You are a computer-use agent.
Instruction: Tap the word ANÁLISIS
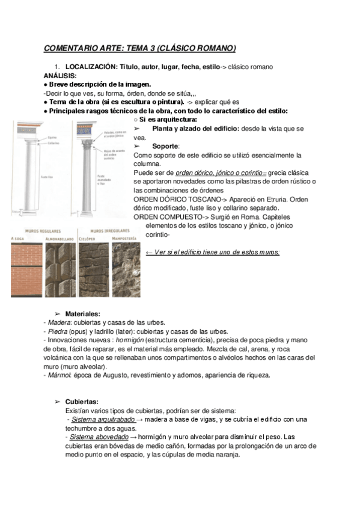point(60,76)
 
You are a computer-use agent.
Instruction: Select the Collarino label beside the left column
point(55,143)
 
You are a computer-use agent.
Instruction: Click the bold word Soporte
point(165,146)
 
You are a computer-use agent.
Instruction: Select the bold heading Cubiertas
point(82,402)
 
